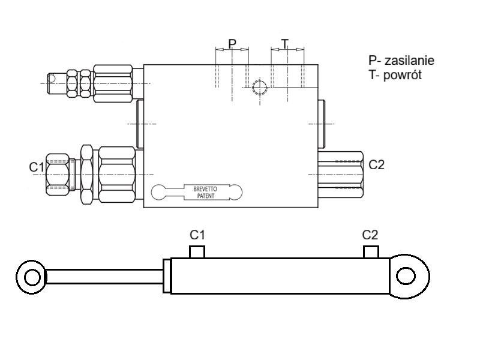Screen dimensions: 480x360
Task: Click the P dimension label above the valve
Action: point(232,43)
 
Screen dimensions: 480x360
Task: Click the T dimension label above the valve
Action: point(285,43)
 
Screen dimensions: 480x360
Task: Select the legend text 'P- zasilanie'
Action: point(401,61)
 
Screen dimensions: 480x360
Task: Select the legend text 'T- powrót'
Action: point(395,74)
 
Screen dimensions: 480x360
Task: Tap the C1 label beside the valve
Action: point(37,167)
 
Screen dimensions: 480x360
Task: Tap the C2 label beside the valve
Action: point(376,164)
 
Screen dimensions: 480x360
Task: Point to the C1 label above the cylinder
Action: point(197,235)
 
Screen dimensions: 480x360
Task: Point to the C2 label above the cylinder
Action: point(370,235)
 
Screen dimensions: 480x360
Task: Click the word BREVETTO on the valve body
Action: point(205,189)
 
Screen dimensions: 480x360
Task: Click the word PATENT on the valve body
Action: point(206,196)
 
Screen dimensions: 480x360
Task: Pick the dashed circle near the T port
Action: point(260,87)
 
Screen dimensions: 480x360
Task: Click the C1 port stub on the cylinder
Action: point(197,252)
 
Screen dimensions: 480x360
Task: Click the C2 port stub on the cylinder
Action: point(371,252)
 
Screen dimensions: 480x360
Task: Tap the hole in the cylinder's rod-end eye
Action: point(32,278)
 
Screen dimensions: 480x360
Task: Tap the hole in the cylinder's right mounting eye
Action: point(406,276)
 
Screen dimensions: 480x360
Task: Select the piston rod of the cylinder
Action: point(104,277)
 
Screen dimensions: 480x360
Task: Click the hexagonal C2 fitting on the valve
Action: point(341,175)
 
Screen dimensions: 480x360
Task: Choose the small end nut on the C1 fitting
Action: point(58,175)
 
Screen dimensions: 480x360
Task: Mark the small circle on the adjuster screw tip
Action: point(52,79)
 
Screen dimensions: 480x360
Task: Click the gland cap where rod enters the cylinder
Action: point(167,276)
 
